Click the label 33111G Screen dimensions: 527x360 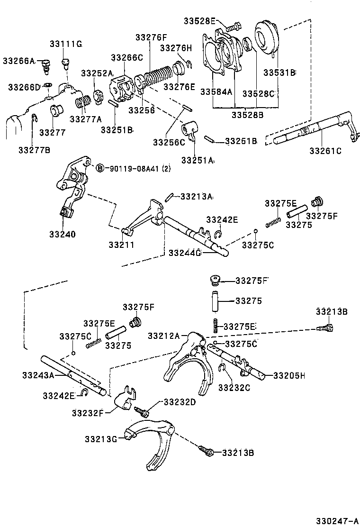click(x=65, y=44)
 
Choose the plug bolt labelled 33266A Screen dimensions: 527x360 click(x=46, y=66)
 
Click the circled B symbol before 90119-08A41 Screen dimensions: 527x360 click(x=100, y=168)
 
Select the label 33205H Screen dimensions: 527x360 click(x=288, y=376)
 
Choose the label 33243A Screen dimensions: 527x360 click(x=38, y=375)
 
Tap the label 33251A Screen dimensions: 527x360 click(x=197, y=161)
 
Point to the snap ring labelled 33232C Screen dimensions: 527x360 click(x=222, y=368)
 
